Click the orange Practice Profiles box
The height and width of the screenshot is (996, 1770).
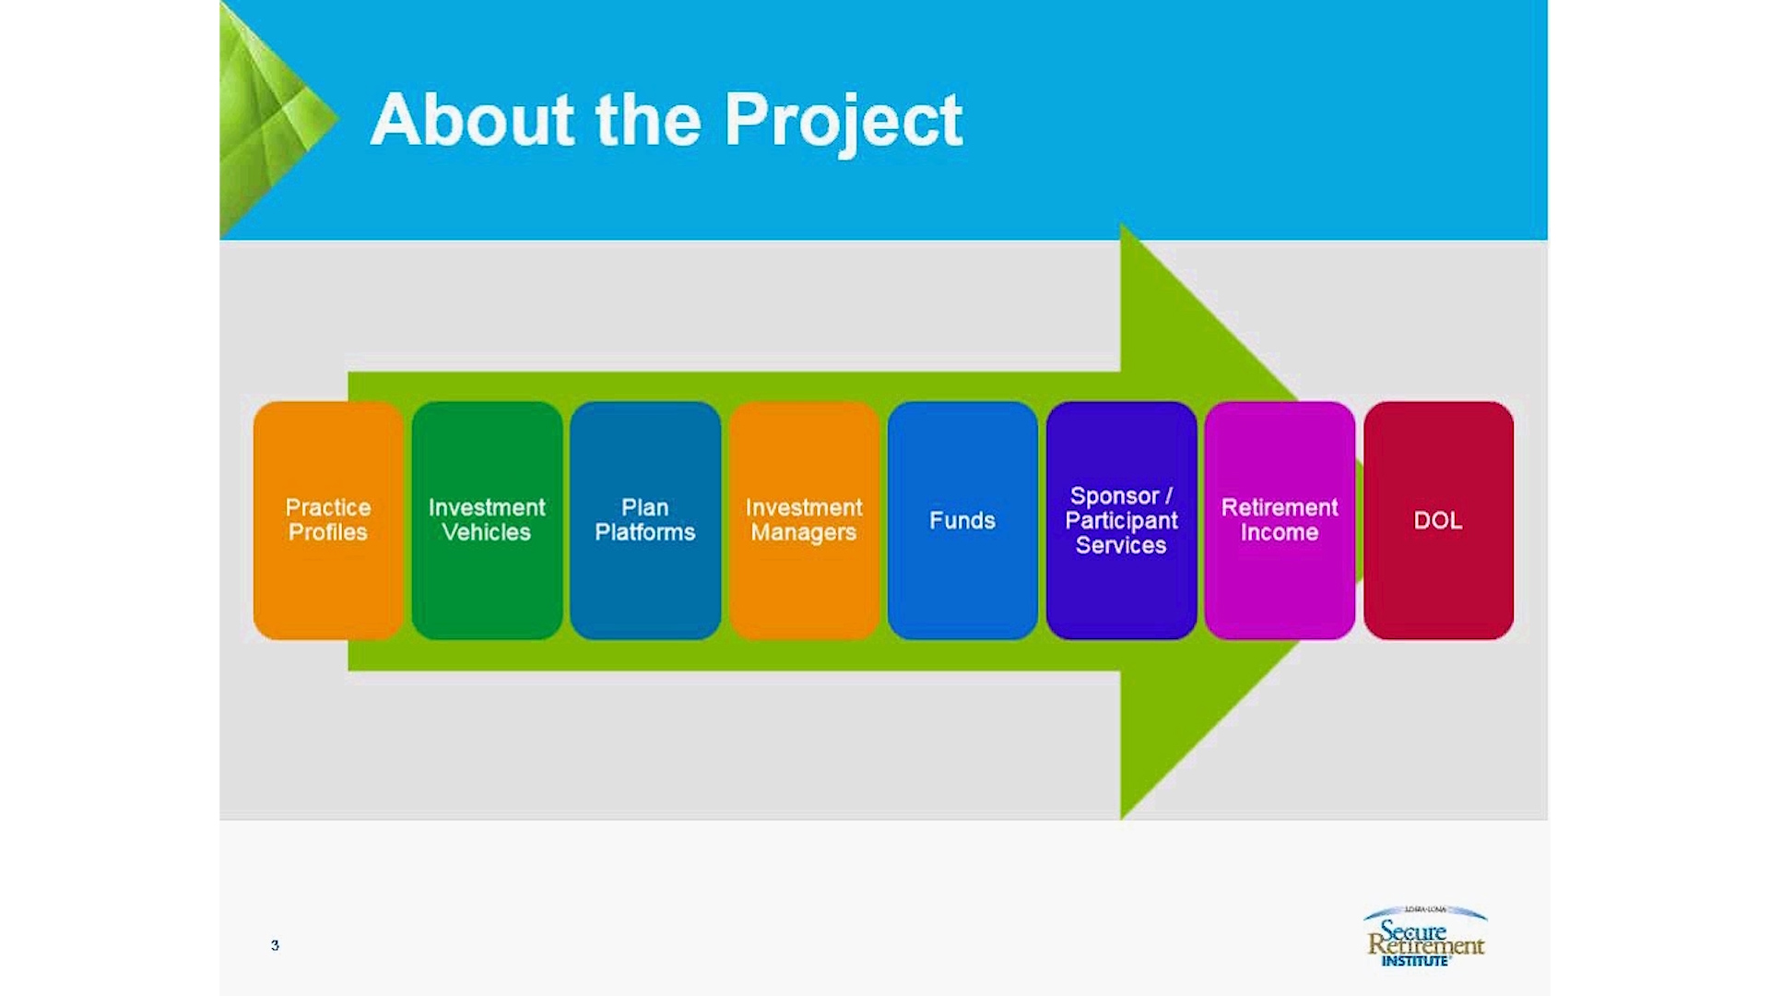[x=328, y=520]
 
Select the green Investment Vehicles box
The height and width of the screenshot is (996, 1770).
[x=487, y=520]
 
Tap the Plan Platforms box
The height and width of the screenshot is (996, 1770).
[x=645, y=520]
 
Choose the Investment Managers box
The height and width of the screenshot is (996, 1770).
[x=804, y=520]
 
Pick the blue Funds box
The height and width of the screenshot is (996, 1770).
[x=962, y=520]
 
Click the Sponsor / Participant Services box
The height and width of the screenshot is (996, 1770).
[x=1121, y=520]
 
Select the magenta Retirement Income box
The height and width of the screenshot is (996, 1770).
[x=1280, y=520]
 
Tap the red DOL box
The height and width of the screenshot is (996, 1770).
[x=1438, y=520]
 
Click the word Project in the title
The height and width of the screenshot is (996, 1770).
[x=844, y=123]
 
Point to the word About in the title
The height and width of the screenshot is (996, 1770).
[x=473, y=119]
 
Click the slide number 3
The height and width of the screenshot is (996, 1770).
[x=275, y=945]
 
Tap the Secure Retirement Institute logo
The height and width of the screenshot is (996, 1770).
[x=1425, y=936]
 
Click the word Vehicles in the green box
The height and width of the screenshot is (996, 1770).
[x=487, y=532]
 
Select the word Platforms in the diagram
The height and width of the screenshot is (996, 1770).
[x=645, y=532]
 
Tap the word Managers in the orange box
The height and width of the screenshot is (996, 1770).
[x=804, y=533]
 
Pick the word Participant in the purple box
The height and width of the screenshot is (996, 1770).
[x=1121, y=521]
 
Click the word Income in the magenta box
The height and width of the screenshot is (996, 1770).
[x=1280, y=532]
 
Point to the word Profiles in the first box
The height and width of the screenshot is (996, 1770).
[x=328, y=532]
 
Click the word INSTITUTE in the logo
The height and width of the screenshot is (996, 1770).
[x=1415, y=961]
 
